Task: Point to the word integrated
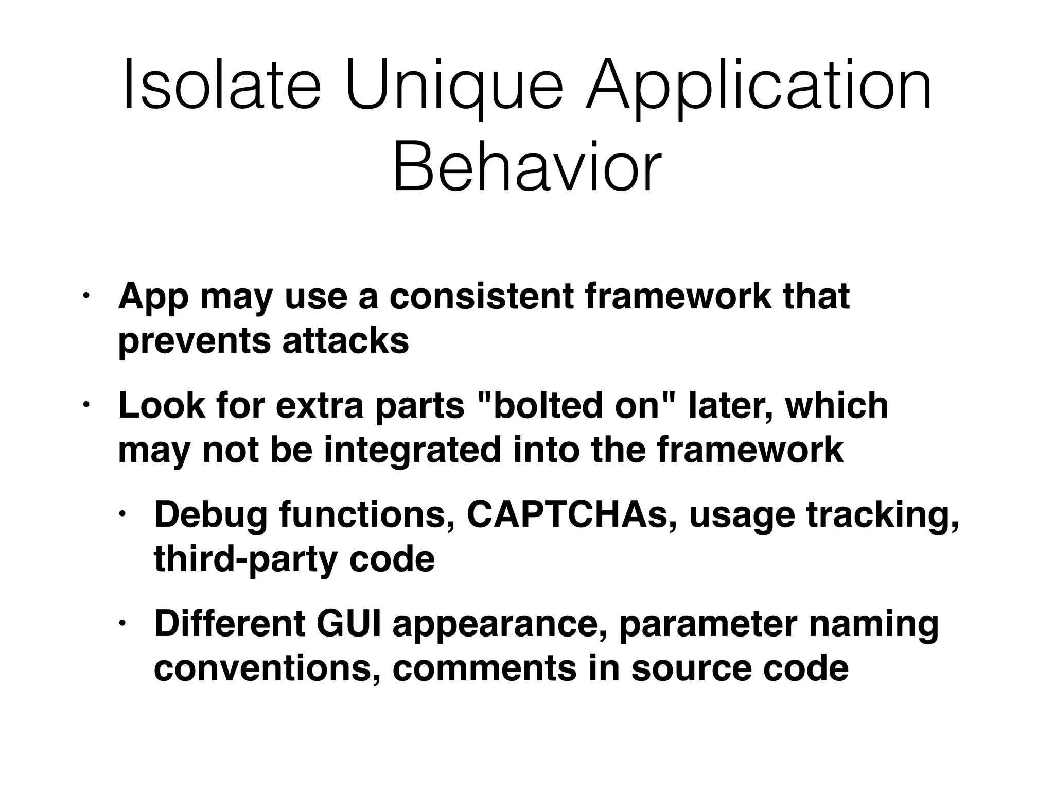pyautogui.click(x=412, y=450)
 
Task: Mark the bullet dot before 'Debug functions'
pyautogui.click(x=121, y=514)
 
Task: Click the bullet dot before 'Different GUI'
pyautogui.click(x=121, y=624)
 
